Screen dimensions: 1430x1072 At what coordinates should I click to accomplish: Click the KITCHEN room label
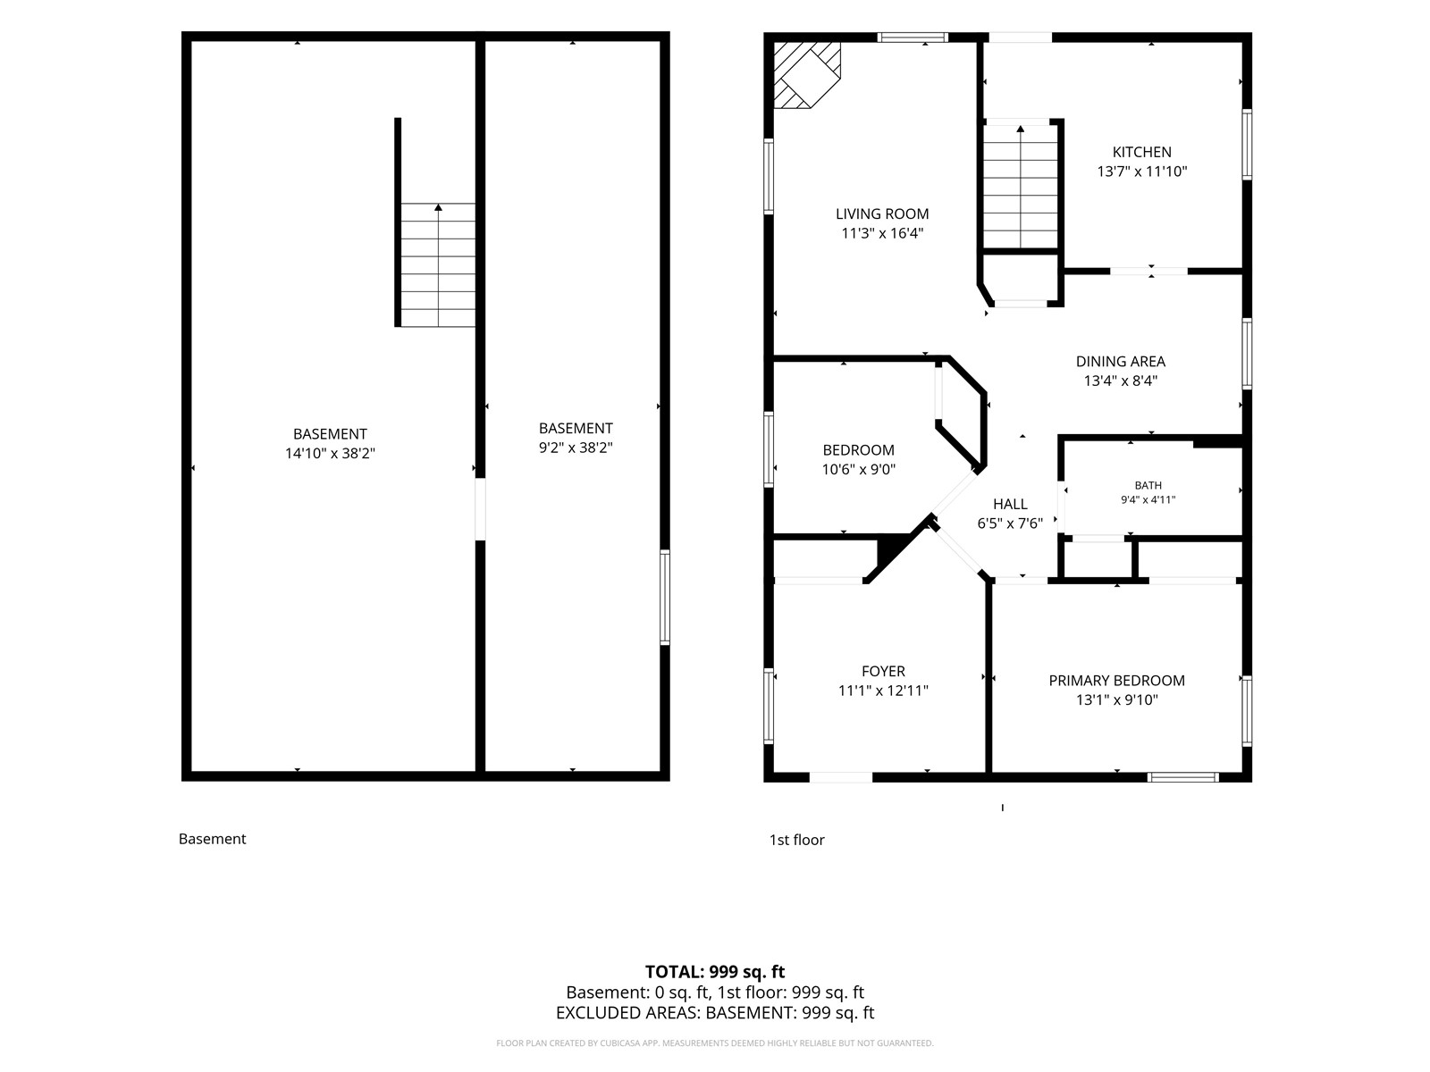coord(1141,152)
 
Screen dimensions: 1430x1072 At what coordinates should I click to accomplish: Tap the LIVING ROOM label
coord(882,214)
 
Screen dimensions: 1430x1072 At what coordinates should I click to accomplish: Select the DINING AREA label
coord(1120,362)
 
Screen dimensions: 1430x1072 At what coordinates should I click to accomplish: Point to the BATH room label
coord(1148,486)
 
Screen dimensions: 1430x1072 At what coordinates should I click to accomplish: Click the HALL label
coord(1010,505)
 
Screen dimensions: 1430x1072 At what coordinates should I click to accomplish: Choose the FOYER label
coord(883,672)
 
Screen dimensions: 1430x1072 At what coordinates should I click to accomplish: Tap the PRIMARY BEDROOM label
coord(1116,681)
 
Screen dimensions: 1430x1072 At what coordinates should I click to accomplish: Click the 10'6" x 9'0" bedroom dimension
coord(859,469)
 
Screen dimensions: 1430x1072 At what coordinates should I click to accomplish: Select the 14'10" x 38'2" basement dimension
coord(330,454)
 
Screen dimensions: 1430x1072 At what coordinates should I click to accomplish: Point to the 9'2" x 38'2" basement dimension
coord(576,448)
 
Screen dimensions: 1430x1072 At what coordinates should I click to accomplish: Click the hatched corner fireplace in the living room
coord(806,75)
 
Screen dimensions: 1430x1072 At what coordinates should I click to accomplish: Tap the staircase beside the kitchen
coord(1021,186)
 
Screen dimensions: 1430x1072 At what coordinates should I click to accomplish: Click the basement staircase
coord(438,265)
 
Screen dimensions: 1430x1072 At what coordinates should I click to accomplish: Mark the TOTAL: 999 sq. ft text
coord(715,972)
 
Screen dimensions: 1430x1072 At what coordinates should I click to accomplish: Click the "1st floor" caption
coord(796,841)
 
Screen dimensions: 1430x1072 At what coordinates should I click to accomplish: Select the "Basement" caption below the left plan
coord(213,839)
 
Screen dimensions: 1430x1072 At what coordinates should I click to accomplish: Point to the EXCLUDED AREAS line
coord(715,1013)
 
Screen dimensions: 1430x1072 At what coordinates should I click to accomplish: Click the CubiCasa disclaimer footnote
coord(715,1043)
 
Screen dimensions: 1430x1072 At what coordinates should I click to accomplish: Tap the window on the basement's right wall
coord(665,598)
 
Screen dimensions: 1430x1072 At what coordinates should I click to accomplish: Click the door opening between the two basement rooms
coord(480,509)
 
